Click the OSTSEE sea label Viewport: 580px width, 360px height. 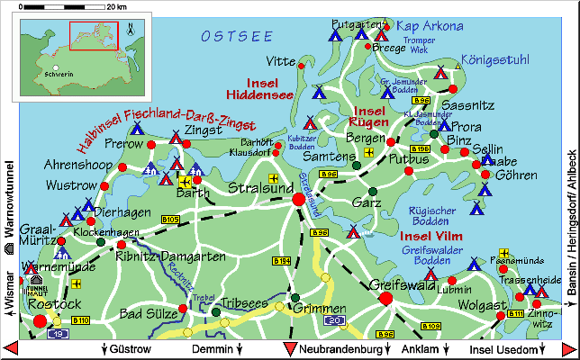coord(237,36)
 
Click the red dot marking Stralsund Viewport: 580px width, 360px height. coord(298,199)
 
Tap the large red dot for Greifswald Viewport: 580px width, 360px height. coord(385,299)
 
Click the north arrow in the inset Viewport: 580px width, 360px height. coord(131,28)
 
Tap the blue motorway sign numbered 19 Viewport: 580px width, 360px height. coord(59,333)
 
